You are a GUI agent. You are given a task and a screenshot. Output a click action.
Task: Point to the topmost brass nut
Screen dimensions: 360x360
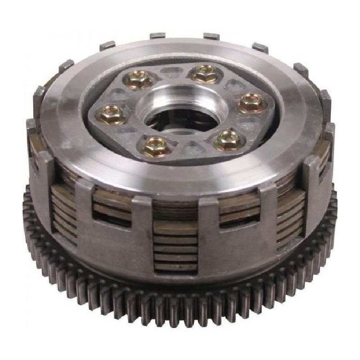coord(205,74)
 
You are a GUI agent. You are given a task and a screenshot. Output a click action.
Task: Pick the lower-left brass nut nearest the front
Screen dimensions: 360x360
coord(154,145)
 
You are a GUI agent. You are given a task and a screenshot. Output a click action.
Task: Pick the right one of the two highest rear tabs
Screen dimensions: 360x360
coord(211,36)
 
